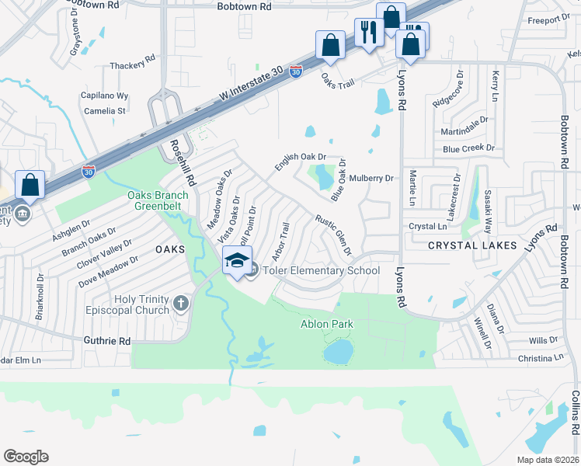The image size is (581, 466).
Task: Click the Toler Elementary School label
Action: click(321, 271)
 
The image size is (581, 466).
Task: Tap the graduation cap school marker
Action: click(238, 260)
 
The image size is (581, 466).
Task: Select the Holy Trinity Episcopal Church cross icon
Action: click(181, 303)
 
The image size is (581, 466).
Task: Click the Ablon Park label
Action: click(327, 324)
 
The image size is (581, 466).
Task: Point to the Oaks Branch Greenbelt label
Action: click(158, 201)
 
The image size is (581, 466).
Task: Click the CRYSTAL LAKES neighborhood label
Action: click(472, 245)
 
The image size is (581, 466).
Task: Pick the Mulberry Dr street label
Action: click(372, 178)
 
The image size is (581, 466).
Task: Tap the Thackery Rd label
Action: click(133, 66)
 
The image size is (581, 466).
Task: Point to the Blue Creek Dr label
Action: click(468, 148)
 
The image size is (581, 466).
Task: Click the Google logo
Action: click(26, 456)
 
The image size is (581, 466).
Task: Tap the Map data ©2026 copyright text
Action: click(547, 460)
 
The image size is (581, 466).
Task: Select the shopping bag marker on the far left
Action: click(30, 186)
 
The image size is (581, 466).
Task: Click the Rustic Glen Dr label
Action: click(334, 235)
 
